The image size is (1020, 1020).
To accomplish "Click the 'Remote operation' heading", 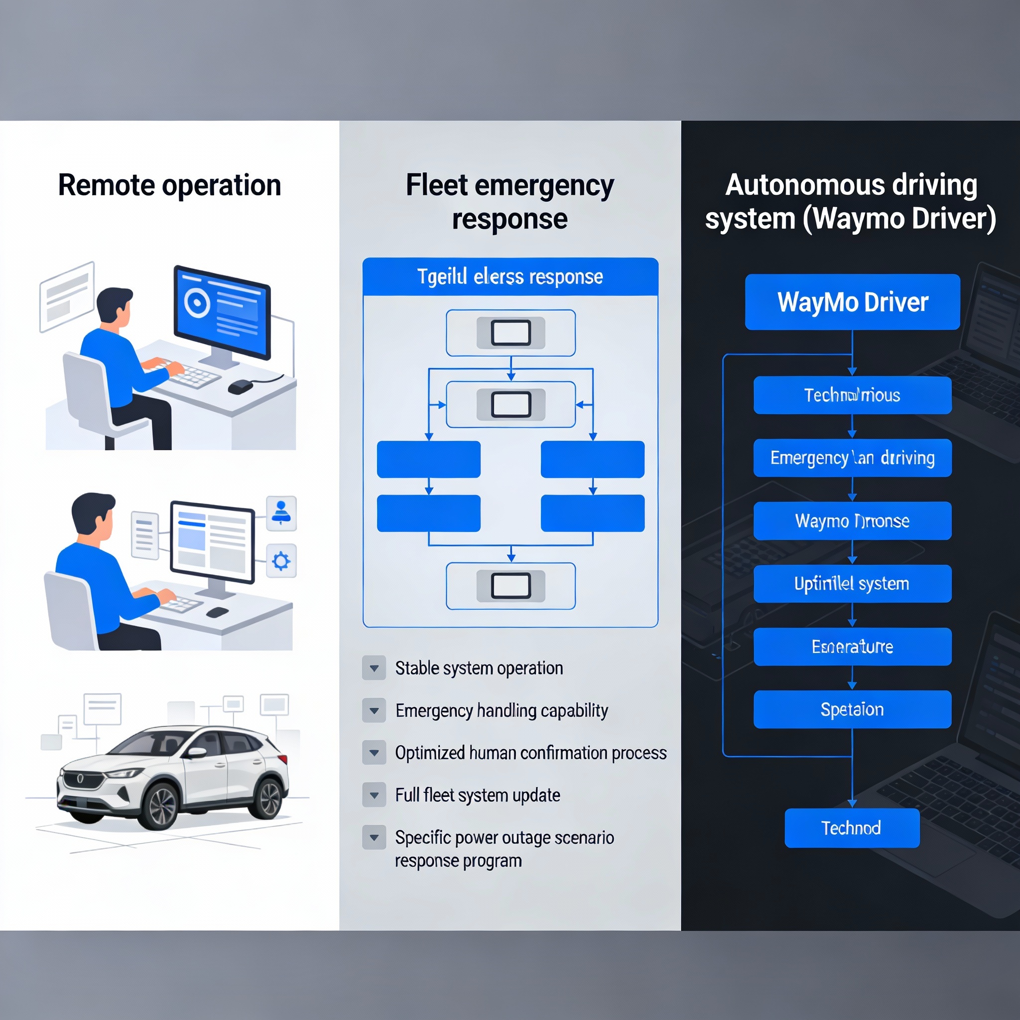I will pos(169,185).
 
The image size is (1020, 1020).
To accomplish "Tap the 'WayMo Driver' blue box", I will pos(852,302).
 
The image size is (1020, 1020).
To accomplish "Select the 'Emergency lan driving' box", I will pos(852,458).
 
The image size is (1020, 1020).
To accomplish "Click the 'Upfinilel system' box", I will pos(852,583).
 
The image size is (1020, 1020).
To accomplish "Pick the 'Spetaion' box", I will pos(852,709).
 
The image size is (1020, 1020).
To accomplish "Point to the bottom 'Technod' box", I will pos(852,828).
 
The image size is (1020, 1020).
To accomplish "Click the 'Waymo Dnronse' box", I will pos(852,520).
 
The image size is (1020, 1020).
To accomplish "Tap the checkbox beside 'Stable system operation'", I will pos(374,668).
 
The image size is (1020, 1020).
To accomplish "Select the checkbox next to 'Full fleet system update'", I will pos(374,794).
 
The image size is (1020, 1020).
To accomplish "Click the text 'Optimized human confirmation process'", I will pos(530,753).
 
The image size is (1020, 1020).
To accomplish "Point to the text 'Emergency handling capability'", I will pos(502,710).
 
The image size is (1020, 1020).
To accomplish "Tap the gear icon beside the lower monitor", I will pos(281,561).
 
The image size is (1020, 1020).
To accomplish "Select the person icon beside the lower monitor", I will pos(281,512).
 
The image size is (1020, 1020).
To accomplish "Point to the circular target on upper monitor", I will pos(197,303).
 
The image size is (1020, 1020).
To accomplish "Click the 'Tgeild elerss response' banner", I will pos(510,276).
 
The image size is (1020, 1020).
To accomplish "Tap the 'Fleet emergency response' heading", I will pos(510,202).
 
